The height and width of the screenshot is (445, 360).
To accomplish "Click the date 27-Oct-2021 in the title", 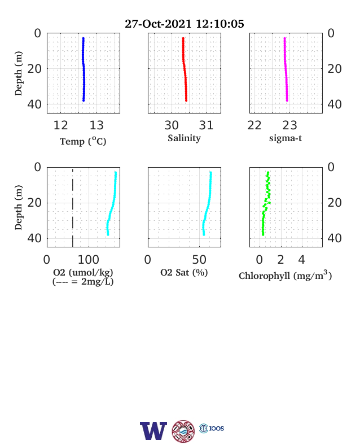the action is click(158, 24).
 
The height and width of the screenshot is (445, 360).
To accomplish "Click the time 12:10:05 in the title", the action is click(220, 24).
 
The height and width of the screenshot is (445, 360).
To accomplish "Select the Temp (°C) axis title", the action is click(83, 141).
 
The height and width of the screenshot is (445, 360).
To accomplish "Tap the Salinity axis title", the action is click(185, 138).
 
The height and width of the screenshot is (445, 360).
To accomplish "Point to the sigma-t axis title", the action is click(286, 138).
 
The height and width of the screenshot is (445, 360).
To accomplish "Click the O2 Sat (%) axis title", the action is click(185, 272).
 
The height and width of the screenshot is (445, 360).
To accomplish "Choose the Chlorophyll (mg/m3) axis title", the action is click(285, 275).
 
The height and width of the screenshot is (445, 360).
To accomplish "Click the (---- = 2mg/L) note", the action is click(83, 282).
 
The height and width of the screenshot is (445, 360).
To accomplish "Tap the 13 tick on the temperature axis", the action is click(96, 125).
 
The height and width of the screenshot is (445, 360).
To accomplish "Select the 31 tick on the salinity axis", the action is click(206, 125).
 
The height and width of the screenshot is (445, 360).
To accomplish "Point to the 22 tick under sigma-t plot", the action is click(254, 125).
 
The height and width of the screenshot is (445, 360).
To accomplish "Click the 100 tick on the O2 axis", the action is click(89, 259).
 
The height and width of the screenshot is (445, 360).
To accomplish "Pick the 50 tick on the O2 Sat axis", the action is click(199, 259).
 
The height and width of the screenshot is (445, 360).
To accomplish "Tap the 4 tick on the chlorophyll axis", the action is click(302, 259).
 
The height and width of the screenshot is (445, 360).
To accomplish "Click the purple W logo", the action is click(153, 431).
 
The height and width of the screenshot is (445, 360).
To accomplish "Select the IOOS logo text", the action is click(217, 428).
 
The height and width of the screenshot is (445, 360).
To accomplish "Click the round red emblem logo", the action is click(183, 431).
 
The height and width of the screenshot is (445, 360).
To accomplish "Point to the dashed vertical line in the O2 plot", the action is click(73, 208).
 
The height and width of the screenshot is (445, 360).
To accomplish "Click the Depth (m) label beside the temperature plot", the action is click(18, 73).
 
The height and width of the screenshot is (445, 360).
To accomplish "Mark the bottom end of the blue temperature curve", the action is click(84, 101).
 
